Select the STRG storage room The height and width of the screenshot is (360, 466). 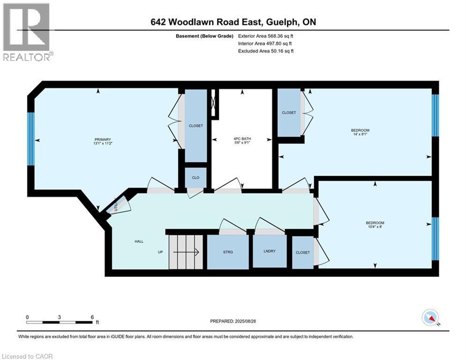click(228, 252)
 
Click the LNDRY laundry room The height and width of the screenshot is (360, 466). click(269, 251)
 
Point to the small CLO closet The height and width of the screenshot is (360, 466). click(195, 178)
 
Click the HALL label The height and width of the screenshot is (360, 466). click(139, 241)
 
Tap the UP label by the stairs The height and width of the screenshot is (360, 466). click(160, 252)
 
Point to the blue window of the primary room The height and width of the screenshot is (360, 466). click(31, 139)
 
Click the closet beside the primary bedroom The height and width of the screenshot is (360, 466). click(195, 126)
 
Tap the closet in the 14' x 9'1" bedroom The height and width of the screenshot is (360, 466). click(289, 112)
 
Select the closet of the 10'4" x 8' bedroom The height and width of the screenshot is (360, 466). click(303, 252)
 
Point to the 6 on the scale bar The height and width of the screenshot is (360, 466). click(92, 317)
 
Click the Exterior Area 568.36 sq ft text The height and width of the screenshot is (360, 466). click(266, 36)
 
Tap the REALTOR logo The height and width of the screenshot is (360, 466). click(27, 32)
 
